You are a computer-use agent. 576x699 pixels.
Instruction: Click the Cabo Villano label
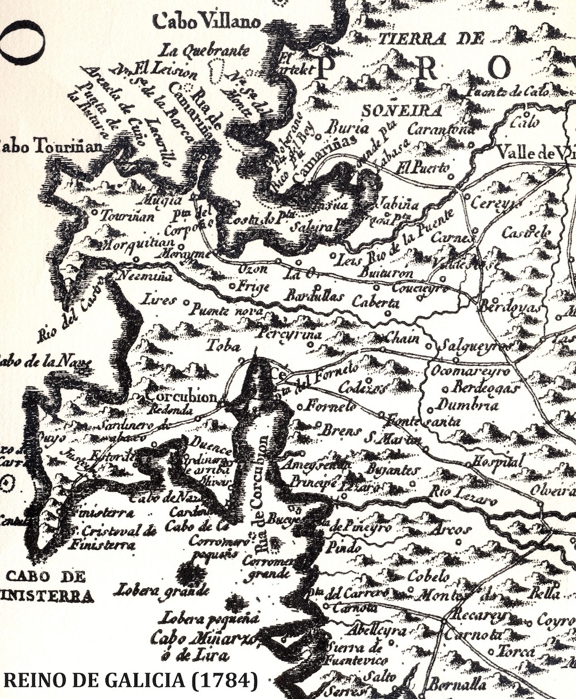[x=206, y=22]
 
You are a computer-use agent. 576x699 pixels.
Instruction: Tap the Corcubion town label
[x=182, y=397]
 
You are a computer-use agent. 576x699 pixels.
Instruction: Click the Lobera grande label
[x=162, y=590]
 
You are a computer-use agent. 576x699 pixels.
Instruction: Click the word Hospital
[x=499, y=461]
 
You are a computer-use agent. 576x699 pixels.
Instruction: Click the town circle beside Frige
[x=232, y=286]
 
